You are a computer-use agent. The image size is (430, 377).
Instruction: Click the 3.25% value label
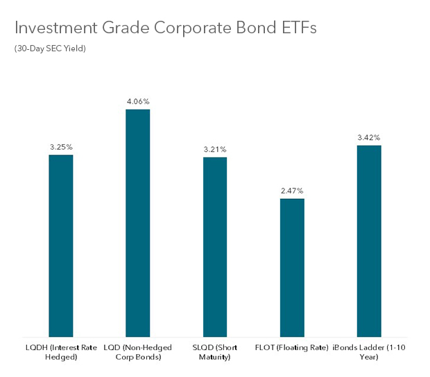click(x=61, y=147)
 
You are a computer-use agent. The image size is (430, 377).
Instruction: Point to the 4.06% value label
click(x=137, y=102)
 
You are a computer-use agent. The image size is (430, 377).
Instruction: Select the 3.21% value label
click(x=215, y=150)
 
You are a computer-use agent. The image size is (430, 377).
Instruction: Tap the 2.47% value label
click(x=292, y=191)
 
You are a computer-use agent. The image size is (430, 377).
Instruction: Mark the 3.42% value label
click(x=369, y=137)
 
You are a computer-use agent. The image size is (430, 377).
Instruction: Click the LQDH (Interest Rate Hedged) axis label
click(x=61, y=351)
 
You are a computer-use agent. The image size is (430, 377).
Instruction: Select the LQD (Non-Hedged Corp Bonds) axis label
click(x=137, y=351)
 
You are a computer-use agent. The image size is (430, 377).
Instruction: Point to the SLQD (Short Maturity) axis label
click(x=215, y=351)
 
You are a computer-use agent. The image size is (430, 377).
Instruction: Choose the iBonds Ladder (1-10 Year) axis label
click(x=369, y=351)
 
